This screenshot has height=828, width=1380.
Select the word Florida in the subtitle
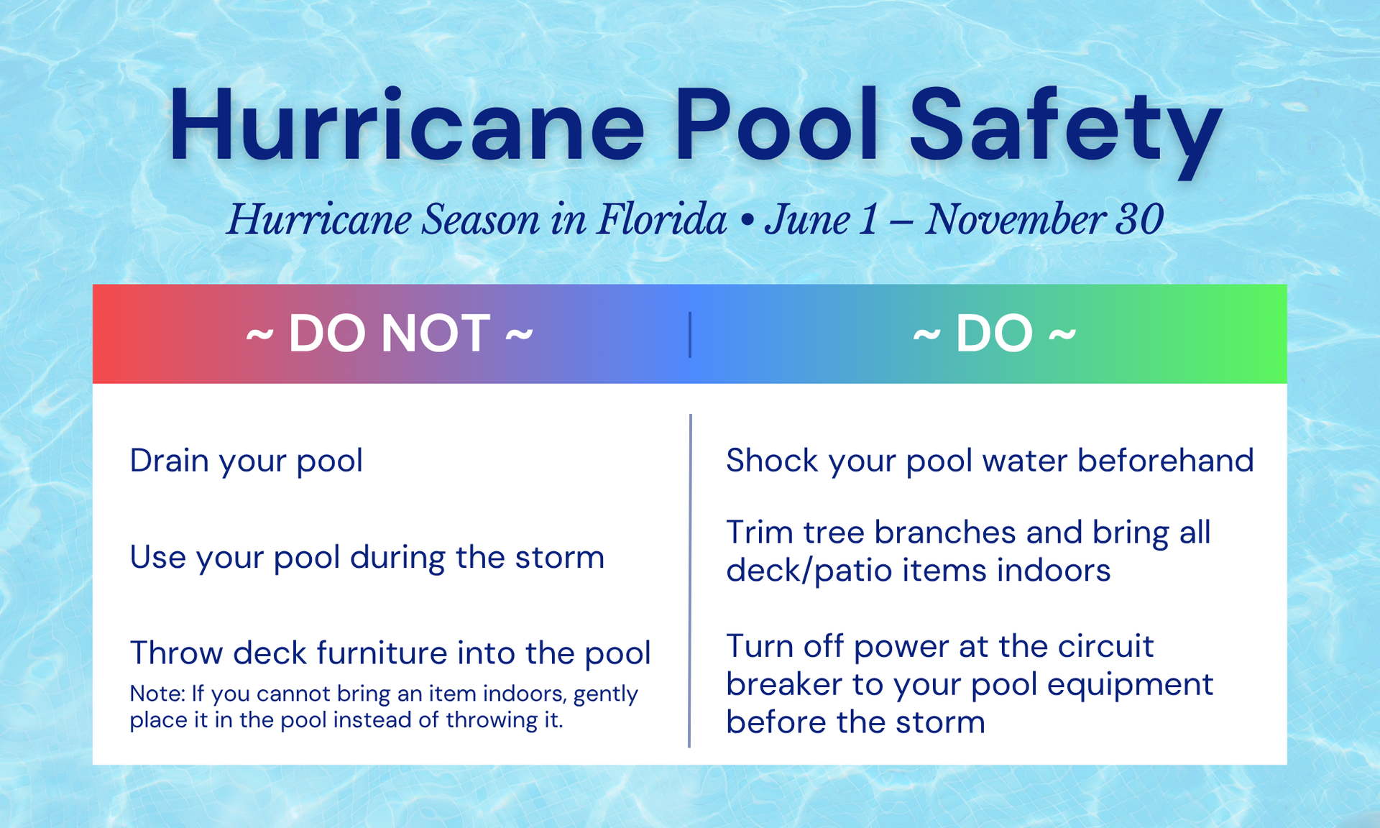tap(661, 219)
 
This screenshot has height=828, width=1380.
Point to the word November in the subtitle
tap(1014, 219)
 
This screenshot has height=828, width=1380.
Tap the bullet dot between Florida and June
tap(746, 222)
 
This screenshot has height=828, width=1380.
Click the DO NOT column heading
tap(390, 333)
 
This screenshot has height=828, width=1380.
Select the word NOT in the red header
tap(436, 333)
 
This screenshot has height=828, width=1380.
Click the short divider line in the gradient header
tap(690, 334)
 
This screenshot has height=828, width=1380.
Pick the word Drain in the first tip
tap(170, 460)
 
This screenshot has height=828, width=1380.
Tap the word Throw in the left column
tap(176, 653)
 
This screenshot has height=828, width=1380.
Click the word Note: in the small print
tap(157, 694)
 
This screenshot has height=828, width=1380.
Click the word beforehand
tap(1166, 460)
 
